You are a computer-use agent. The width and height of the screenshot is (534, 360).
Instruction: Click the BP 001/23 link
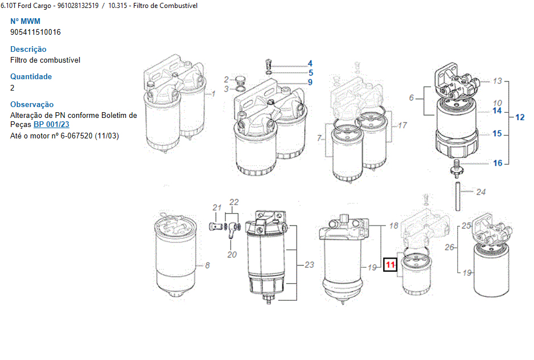[51, 124]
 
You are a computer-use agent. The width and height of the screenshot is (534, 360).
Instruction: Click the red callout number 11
[390, 265]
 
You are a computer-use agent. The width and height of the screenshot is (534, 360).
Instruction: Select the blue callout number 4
[310, 63]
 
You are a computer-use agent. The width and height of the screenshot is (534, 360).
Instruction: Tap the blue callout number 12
[520, 117]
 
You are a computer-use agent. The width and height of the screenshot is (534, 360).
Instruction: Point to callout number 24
[481, 192]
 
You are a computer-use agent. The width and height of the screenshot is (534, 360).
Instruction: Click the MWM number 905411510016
[35, 32]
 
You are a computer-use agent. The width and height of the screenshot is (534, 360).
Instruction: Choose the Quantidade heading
[31, 76]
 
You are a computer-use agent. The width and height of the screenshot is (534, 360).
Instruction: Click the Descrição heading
[28, 49]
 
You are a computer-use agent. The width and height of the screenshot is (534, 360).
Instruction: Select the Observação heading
[32, 104]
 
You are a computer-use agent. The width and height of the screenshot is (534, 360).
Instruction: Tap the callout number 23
[309, 264]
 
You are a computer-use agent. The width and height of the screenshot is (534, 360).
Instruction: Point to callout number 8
[207, 265]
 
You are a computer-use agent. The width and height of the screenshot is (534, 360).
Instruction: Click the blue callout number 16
[498, 163]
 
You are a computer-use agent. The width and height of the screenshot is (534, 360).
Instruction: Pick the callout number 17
[402, 125]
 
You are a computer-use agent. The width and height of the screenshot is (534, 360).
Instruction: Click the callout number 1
[213, 94]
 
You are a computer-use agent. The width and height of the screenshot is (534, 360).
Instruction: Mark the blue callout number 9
[310, 82]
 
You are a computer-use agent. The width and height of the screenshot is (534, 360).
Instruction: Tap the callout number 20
[232, 255]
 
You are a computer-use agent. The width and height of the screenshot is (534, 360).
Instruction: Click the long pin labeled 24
[458, 197]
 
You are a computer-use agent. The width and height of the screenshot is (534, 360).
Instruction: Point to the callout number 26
[450, 247]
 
